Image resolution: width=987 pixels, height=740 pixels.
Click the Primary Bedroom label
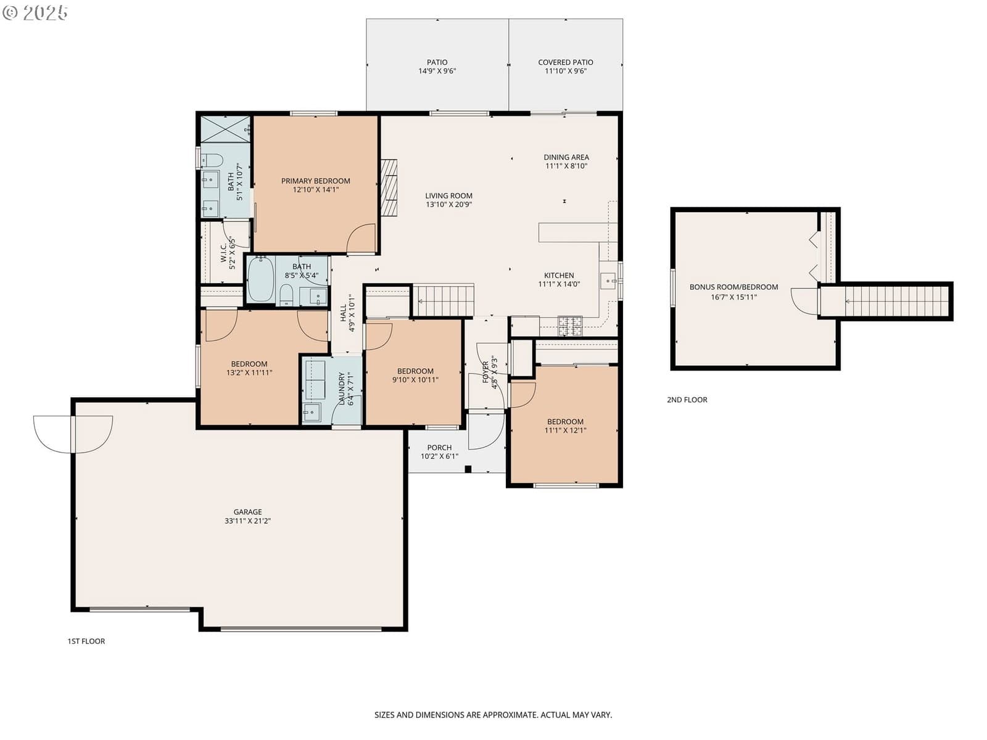pyautogui.click(x=315, y=181)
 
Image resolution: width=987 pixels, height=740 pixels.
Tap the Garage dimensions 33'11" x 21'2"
pyautogui.click(x=247, y=520)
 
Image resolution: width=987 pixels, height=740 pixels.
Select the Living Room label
pyautogui.click(x=448, y=196)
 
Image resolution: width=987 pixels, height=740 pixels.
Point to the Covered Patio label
pyautogui.click(x=565, y=62)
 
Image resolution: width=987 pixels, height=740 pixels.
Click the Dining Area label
pyautogui.click(x=566, y=157)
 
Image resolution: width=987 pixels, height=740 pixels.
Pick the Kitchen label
pyautogui.click(x=559, y=276)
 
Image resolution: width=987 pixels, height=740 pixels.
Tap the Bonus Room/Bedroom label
pyautogui.click(x=733, y=287)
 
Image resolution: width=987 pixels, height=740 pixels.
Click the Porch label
pyautogui.click(x=439, y=448)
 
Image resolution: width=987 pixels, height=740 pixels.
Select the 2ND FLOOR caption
pyautogui.click(x=687, y=400)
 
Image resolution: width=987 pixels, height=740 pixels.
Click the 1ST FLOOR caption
pyautogui.click(x=86, y=641)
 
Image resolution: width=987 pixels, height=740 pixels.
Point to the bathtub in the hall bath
pyautogui.click(x=260, y=279)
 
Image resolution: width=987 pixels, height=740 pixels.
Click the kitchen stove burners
pyautogui.click(x=570, y=326)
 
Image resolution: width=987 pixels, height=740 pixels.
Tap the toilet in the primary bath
pyautogui.click(x=212, y=160)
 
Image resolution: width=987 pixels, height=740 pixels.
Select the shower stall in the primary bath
pyautogui.click(x=225, y=129)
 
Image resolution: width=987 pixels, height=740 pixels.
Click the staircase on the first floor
pyautogui.click(x=443, y=300)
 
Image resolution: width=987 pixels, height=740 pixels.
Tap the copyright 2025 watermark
pyautogui.click(x=35, y=12)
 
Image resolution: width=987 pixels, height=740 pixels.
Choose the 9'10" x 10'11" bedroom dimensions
pyautogui.click(x=415, y=380)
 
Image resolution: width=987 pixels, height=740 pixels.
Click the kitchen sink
pyautogui.click(x=608, y=281)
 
